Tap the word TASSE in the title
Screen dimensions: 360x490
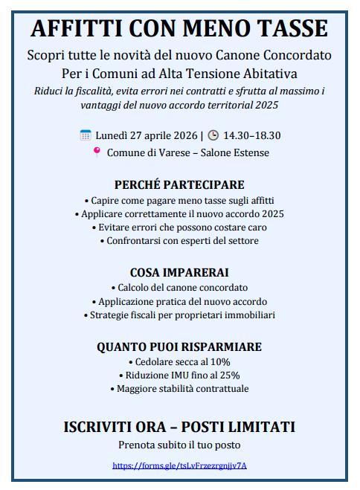pyautogui.click(x=288, y=28)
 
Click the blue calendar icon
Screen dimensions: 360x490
pyautogui.click(x=86, y=135)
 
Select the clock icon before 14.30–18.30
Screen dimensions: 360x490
pyautogui.click(x=213, y=135)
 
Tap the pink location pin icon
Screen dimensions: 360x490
pyautogui.click(x=96, y=152)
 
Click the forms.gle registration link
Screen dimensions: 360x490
pyautogui.click(x=179, y=465)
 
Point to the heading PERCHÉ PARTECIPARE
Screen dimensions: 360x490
pyautogui.click(x=179, y=184)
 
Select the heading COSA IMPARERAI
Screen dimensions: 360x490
pyautogui.click(x=179, y=272)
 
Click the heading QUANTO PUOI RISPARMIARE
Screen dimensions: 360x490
pyautogui.click(x=179, y=346)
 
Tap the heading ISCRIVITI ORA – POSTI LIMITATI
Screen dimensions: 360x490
pyautogui.click(x=179, y=427)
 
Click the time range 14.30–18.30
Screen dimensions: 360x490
pyautogui.click(x=252, y=135)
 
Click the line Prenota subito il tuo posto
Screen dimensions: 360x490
pyautogui.click(x=179, y=445)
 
